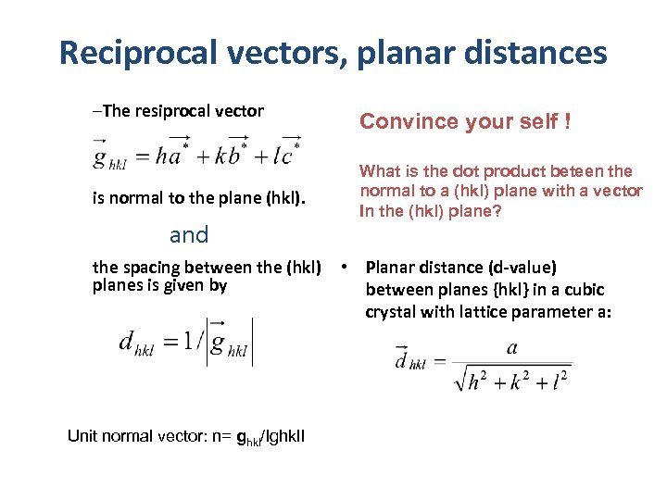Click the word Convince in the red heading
pos(401,121)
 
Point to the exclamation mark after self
pos(566,121)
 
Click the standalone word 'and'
pos(189,234)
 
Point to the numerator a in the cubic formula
pos(511,348)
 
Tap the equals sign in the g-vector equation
pos(142,156)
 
